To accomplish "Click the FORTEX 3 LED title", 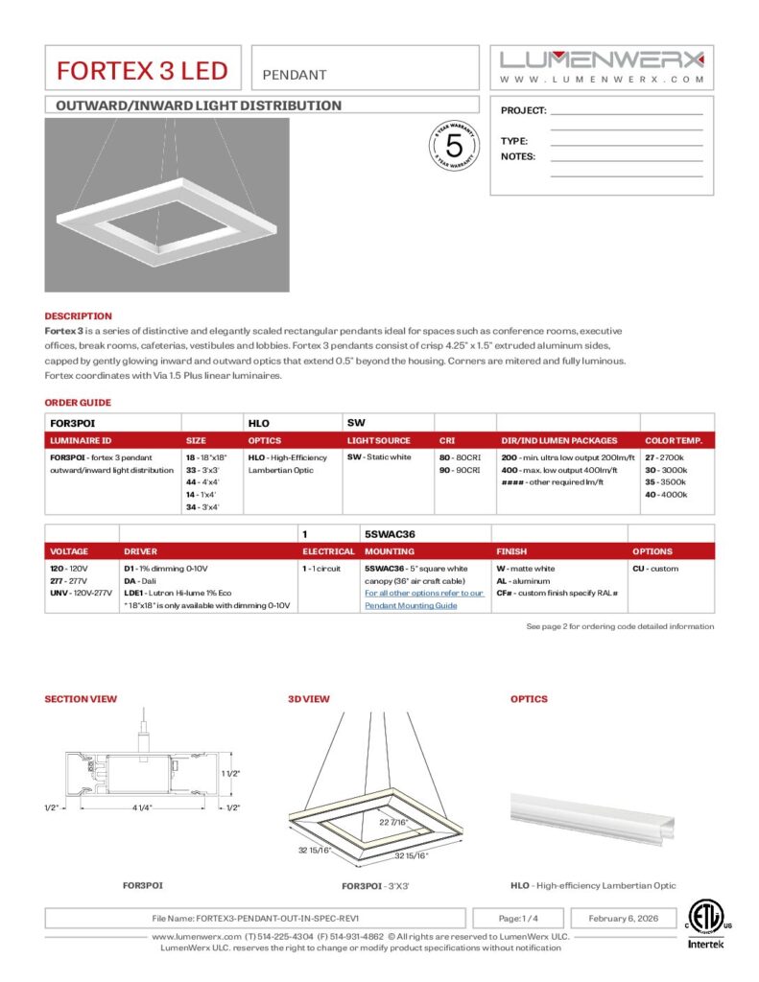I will [142, 71].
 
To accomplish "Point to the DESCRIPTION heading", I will [78, 316].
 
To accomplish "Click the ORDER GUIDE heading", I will [78, 403].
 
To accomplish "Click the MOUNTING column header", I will [390, 551].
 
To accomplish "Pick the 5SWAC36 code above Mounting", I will [390, 533].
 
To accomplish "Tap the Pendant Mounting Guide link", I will [411, 606].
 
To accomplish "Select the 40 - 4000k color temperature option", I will [666, 495].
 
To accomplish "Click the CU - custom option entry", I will [656, 569].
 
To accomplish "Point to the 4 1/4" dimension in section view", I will [143, 807].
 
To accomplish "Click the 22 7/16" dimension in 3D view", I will [394, 822].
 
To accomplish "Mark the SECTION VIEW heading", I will [81, 699].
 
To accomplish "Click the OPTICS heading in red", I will [529, 699].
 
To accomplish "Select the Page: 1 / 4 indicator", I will [518, 918].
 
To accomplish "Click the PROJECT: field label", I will [523, 111].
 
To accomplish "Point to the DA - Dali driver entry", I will [141, 581].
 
